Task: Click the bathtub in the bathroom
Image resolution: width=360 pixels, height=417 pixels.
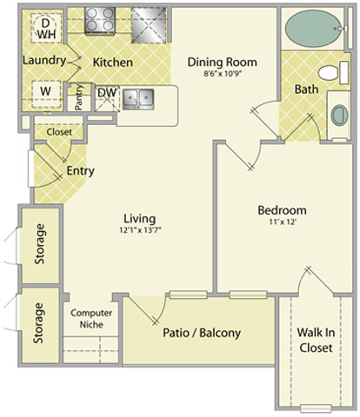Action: coord(313,29)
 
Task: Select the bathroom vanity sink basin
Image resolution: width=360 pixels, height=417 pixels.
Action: coord(339,116)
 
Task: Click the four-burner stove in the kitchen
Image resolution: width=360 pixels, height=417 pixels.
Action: coord(100,20)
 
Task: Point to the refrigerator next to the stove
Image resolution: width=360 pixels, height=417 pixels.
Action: coord(149,25)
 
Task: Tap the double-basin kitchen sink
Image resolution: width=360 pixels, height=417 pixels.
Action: coord(138,99)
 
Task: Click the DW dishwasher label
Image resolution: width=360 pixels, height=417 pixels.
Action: coord(107,93)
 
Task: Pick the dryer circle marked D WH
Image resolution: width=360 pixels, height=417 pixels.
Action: coord(46,29)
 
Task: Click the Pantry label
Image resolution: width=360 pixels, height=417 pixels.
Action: coord(79,97)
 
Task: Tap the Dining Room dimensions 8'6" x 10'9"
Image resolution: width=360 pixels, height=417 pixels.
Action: coord(223,74)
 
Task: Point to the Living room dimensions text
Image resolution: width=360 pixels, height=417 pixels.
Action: coord(140,230)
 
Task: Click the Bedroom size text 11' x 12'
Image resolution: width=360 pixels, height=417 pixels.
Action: coord(283,222)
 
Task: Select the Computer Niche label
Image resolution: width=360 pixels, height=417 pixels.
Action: coord(91,319)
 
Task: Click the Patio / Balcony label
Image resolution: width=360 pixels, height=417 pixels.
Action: coord(202,333)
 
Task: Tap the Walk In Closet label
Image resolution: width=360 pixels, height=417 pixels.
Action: coord(316,340)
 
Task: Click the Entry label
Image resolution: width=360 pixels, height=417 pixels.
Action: coord(80,171)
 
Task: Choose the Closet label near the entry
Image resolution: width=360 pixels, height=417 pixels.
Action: coord(59,132)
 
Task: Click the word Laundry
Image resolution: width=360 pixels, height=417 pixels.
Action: coord(44,61)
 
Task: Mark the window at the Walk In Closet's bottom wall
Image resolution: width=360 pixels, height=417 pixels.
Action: coord(316,408)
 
